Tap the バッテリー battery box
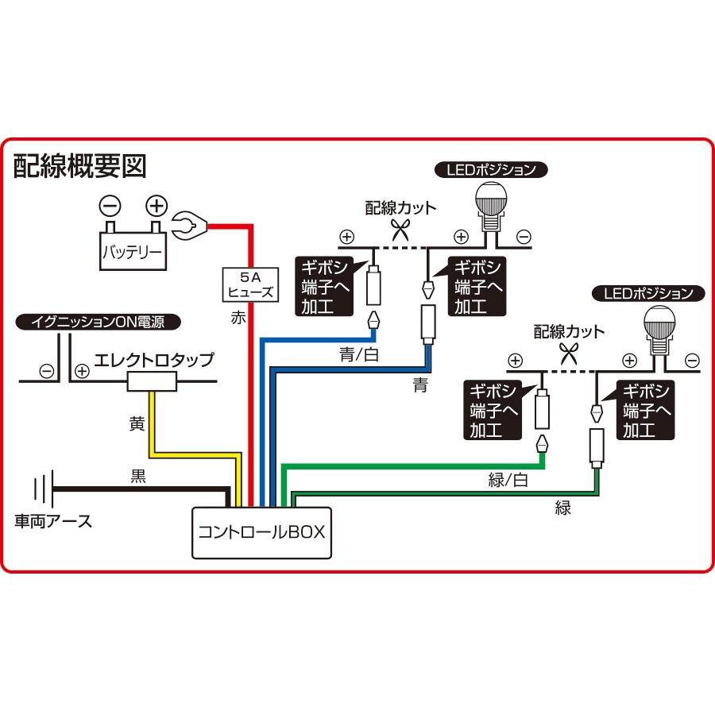click(x=133, y=254)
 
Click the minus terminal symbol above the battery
click(x=110, y=207)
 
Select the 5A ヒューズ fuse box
click(x=249, y=284)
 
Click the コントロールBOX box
click(x=261, y=532)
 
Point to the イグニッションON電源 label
click(x=99, y=322)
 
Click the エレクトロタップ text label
click(x=154, y=360)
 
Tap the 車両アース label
click(x=53, y=521)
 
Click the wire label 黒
click(x=138, y=477)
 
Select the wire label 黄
click(x=137, y=424)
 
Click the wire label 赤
click(x=238, y=318)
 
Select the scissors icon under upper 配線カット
click(x=401, y=231)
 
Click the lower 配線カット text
click(x=569, y=331)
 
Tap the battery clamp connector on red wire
click(x=190, y=227)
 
